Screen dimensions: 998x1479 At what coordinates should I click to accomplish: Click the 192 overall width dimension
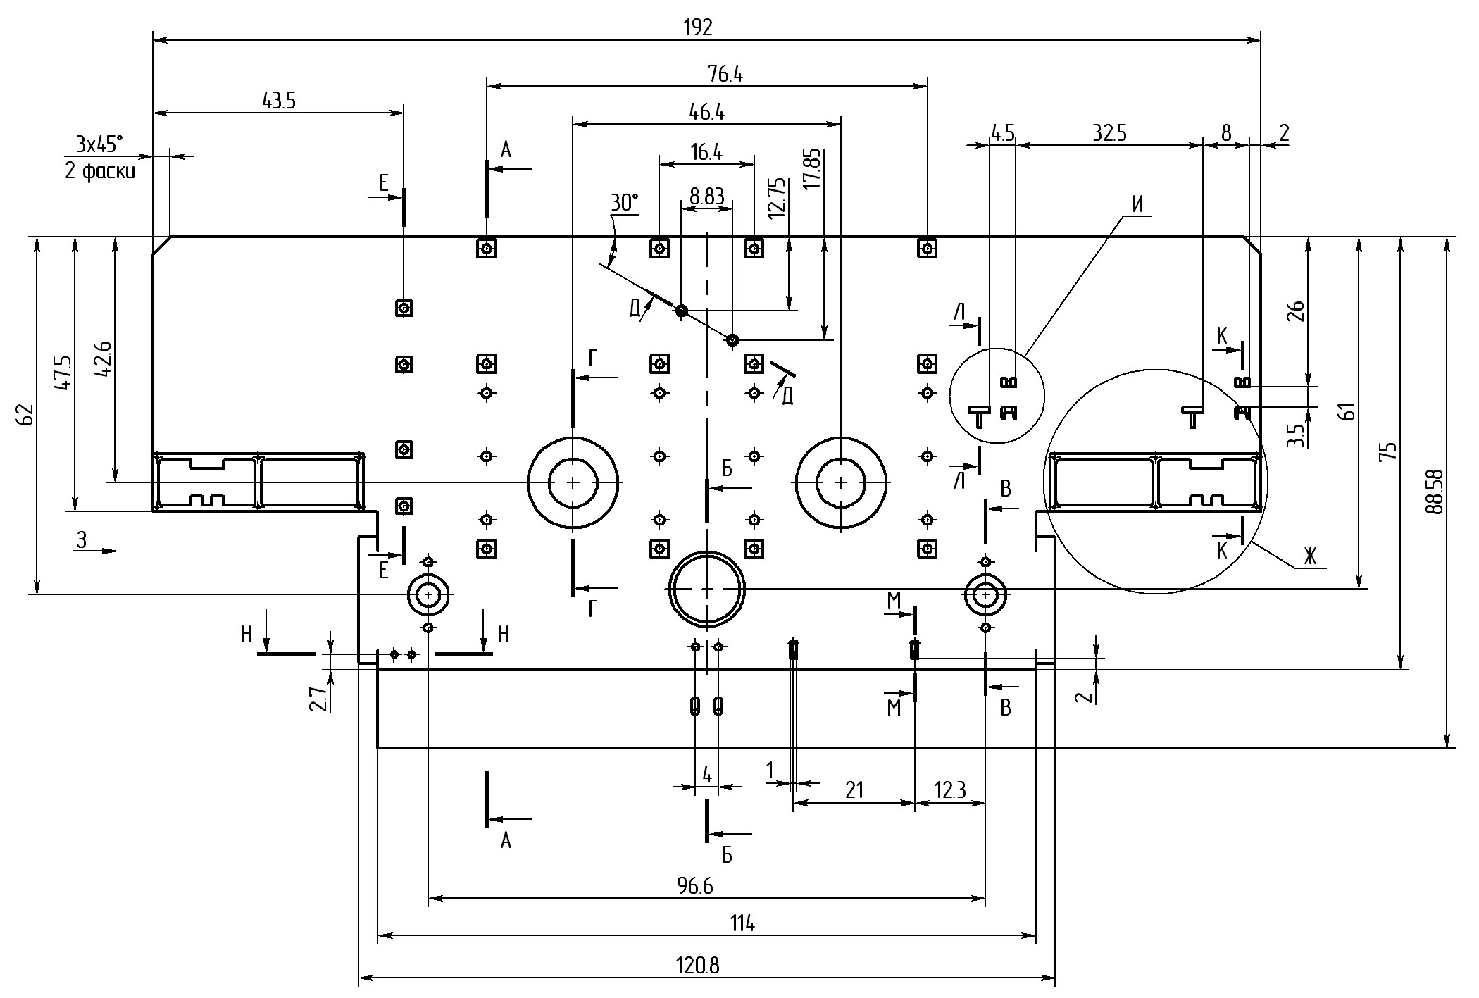[x=698, y=27]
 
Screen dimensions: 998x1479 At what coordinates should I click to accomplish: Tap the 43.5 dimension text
[x=279, y=101]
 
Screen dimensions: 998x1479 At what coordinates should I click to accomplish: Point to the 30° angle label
[x=624, y=204]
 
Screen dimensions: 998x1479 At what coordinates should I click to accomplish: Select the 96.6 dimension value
[x=694, y=886]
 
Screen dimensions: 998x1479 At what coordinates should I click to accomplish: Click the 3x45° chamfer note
[x=99, y=144]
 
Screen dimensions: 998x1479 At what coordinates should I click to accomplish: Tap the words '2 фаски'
[x=100, y=171]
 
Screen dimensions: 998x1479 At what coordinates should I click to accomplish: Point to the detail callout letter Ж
[x=1309, y=557]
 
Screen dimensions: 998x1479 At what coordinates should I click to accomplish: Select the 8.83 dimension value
[x=706, y=197]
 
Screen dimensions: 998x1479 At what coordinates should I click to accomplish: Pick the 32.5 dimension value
[x=1109, y=133]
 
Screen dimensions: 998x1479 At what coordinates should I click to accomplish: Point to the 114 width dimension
[x=742, y=923]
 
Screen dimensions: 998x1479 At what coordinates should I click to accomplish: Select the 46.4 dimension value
[x=706, y=112]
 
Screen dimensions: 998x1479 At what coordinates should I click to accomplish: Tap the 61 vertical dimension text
[x=1346, y=411]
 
